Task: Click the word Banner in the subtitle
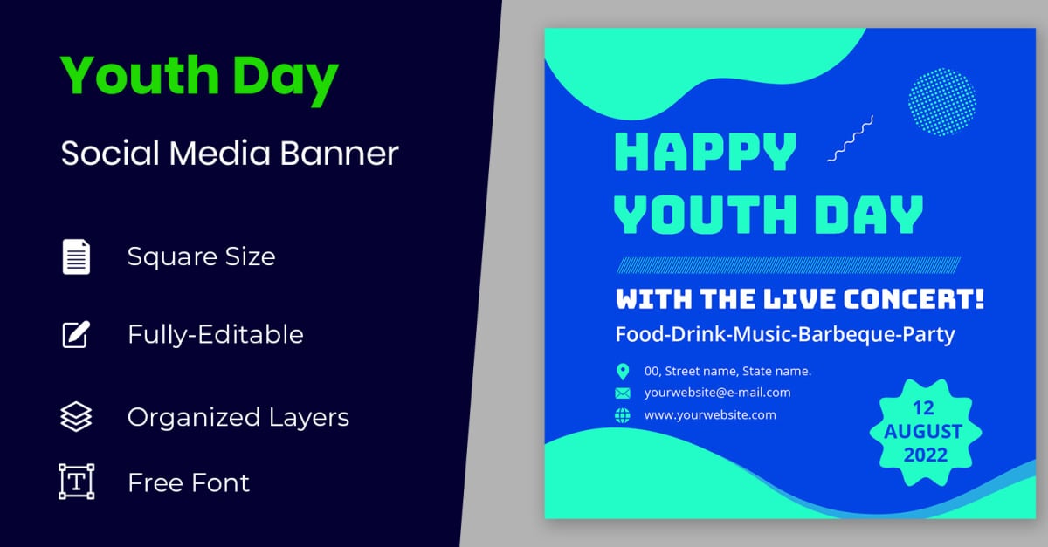click(x=339, y=153)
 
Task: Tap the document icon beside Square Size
click(x=76, y=256)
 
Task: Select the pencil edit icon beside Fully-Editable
click(x=76, y=334)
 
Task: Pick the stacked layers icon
click(x=76, y=416)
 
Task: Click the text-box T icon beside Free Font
click(x=76, y=482)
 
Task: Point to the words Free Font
click(x=189, y=482)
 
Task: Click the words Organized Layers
click(x=238, y=417)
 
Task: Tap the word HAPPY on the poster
click(x=705, y=152)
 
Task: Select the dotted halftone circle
click(x=941, y=102)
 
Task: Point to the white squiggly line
click(x=850, y=139)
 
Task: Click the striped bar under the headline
click(x=789, y=265)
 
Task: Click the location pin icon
click(x=622, y=372)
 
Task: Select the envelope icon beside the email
click(x=622, y=393)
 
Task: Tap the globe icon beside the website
click(x=622, y=415)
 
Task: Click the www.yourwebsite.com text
click(x=710, y=415)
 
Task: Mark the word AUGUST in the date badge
click(x=923, y=432)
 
